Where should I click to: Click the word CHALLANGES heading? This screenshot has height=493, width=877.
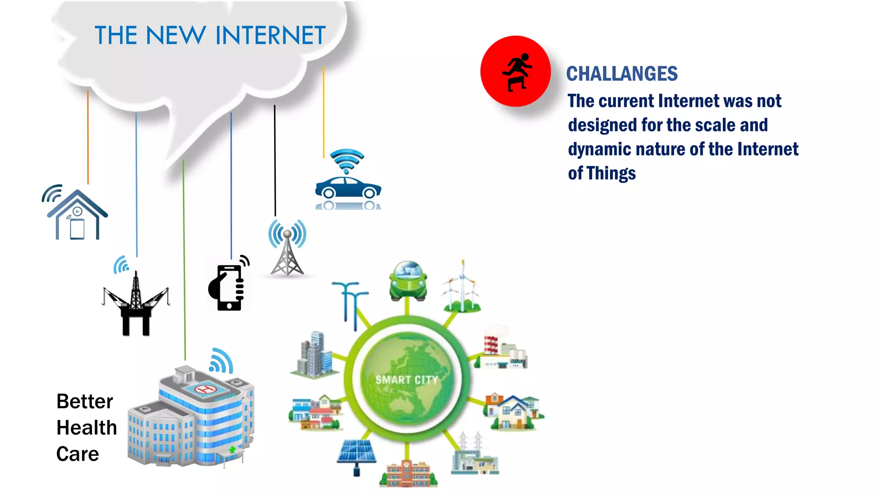tap(622, 74)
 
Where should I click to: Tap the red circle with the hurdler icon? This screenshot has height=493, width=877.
tap(516, 71)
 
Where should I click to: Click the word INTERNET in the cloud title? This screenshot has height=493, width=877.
tap(271, 36)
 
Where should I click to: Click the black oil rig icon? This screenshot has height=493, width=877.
tap(136, 306)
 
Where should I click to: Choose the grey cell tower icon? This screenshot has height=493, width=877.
tap(287, 252)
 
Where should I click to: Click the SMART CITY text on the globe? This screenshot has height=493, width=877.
tap(406, 380)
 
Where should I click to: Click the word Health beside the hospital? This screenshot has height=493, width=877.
tap(87, 428)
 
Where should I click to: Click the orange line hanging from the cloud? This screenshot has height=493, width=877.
tap(88, 137)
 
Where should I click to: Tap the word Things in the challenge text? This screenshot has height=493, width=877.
tap(611, 173)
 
